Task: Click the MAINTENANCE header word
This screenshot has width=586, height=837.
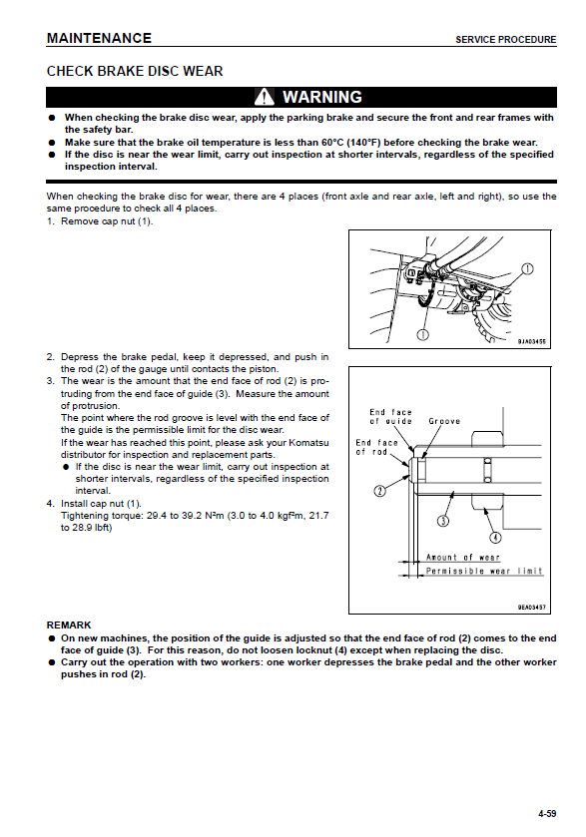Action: (99, 39)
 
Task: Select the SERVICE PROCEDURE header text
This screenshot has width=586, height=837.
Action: (505, 40)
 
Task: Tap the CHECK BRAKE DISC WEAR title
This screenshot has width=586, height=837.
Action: (135, 71)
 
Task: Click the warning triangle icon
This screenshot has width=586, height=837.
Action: (264, 97)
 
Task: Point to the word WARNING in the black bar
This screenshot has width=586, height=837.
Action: (322, 97)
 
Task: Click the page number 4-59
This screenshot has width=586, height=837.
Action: (547, 813)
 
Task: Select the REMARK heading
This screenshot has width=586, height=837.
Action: (69, 626)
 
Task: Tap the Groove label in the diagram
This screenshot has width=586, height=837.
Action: (444, 421)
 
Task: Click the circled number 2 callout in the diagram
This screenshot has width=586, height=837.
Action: (379, 491)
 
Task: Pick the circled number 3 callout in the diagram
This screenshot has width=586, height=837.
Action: (443, 521)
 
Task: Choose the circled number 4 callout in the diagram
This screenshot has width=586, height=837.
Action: (496, 538)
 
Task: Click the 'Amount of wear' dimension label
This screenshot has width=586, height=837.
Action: (462, 558)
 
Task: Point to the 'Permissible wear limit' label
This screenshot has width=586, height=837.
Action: (484, 572)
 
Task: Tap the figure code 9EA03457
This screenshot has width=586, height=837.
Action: (531, 608)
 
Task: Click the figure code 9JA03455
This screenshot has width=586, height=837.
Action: (531, 341)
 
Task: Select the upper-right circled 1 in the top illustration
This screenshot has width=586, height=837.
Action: (527, 269)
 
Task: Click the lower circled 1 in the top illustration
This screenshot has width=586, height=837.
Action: (422, 334)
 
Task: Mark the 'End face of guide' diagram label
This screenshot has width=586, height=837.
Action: (391, 416)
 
